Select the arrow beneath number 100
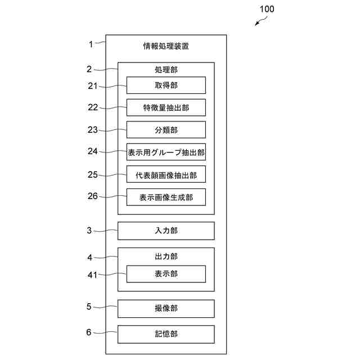coord(260,21)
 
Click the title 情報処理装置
coord(166,46)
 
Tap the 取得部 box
coord(166,85)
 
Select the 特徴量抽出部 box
coord(166,107)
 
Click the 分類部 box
coord(166,130)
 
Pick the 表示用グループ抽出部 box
coord(166,152)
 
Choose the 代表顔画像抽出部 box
coord(166,174)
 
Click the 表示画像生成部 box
coord(166,197)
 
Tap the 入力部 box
coord(166,231)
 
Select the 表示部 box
coord(166,274)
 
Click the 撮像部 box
coord(166,308)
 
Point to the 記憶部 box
coord(166,334)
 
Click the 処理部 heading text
coord(166,70)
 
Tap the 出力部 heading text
coord(166,256)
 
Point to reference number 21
coord(93,85)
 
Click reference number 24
coord(93,151)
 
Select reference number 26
coord(93,196)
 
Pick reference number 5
coord(89,307)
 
